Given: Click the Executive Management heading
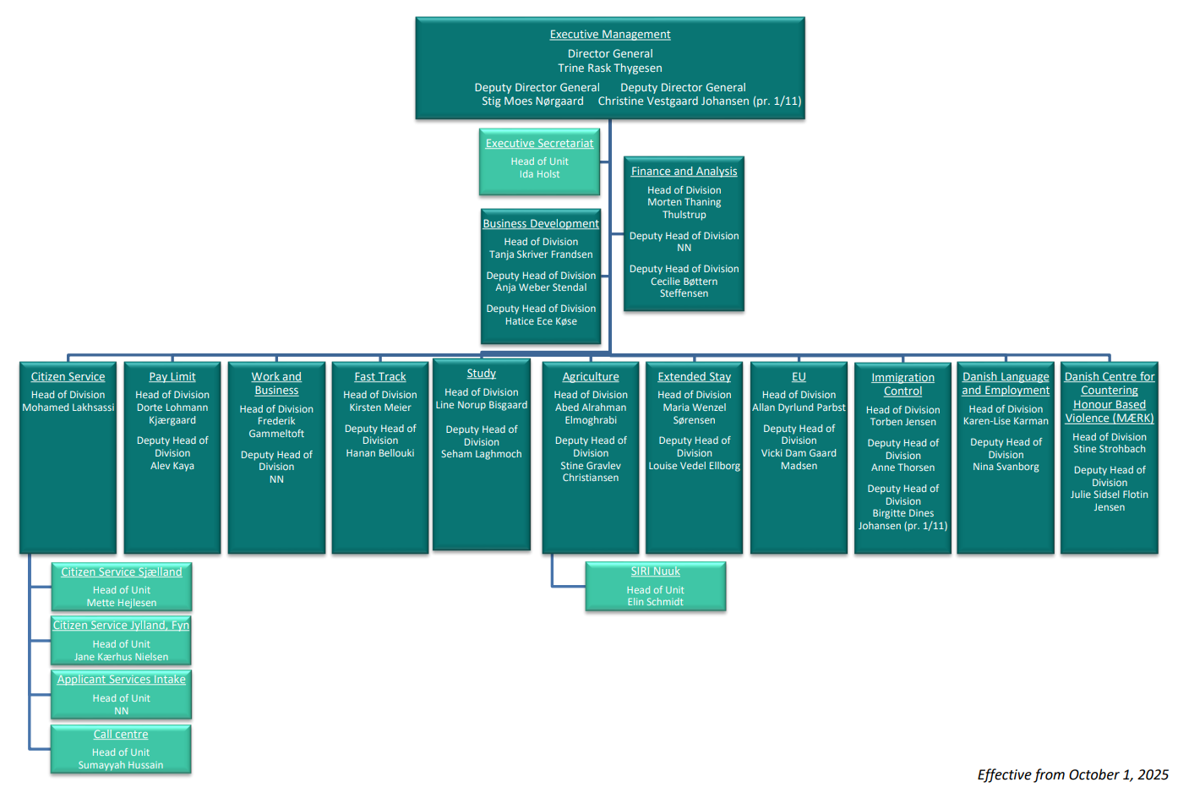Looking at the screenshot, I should [610, 35].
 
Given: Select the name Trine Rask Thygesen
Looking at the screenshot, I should [610, 68].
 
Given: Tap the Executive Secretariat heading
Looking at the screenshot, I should [539, 144].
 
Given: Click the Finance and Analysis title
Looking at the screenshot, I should [684, 171].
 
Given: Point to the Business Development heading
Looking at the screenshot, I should [541, 224].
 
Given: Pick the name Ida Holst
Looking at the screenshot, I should [539, 174].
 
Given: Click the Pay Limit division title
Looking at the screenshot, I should [172, 377].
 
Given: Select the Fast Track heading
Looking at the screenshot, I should [380, 377].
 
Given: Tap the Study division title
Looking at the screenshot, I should [481, 374].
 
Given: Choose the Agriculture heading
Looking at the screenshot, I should [591, 377].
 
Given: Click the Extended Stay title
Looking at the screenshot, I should [694, 377].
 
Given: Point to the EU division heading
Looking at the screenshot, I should [799, 377].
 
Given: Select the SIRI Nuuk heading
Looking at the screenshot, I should [655, 572].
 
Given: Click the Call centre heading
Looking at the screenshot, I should [121, 735].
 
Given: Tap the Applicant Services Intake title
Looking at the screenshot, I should [122, 680].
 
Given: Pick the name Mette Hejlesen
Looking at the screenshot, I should [122, 603].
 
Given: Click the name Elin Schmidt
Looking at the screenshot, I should [655, 602].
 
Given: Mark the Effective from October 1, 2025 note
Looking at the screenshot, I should [1072, 775].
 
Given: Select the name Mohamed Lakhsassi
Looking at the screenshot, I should [68, 407].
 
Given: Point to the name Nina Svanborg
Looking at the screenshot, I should [1006, 467].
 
